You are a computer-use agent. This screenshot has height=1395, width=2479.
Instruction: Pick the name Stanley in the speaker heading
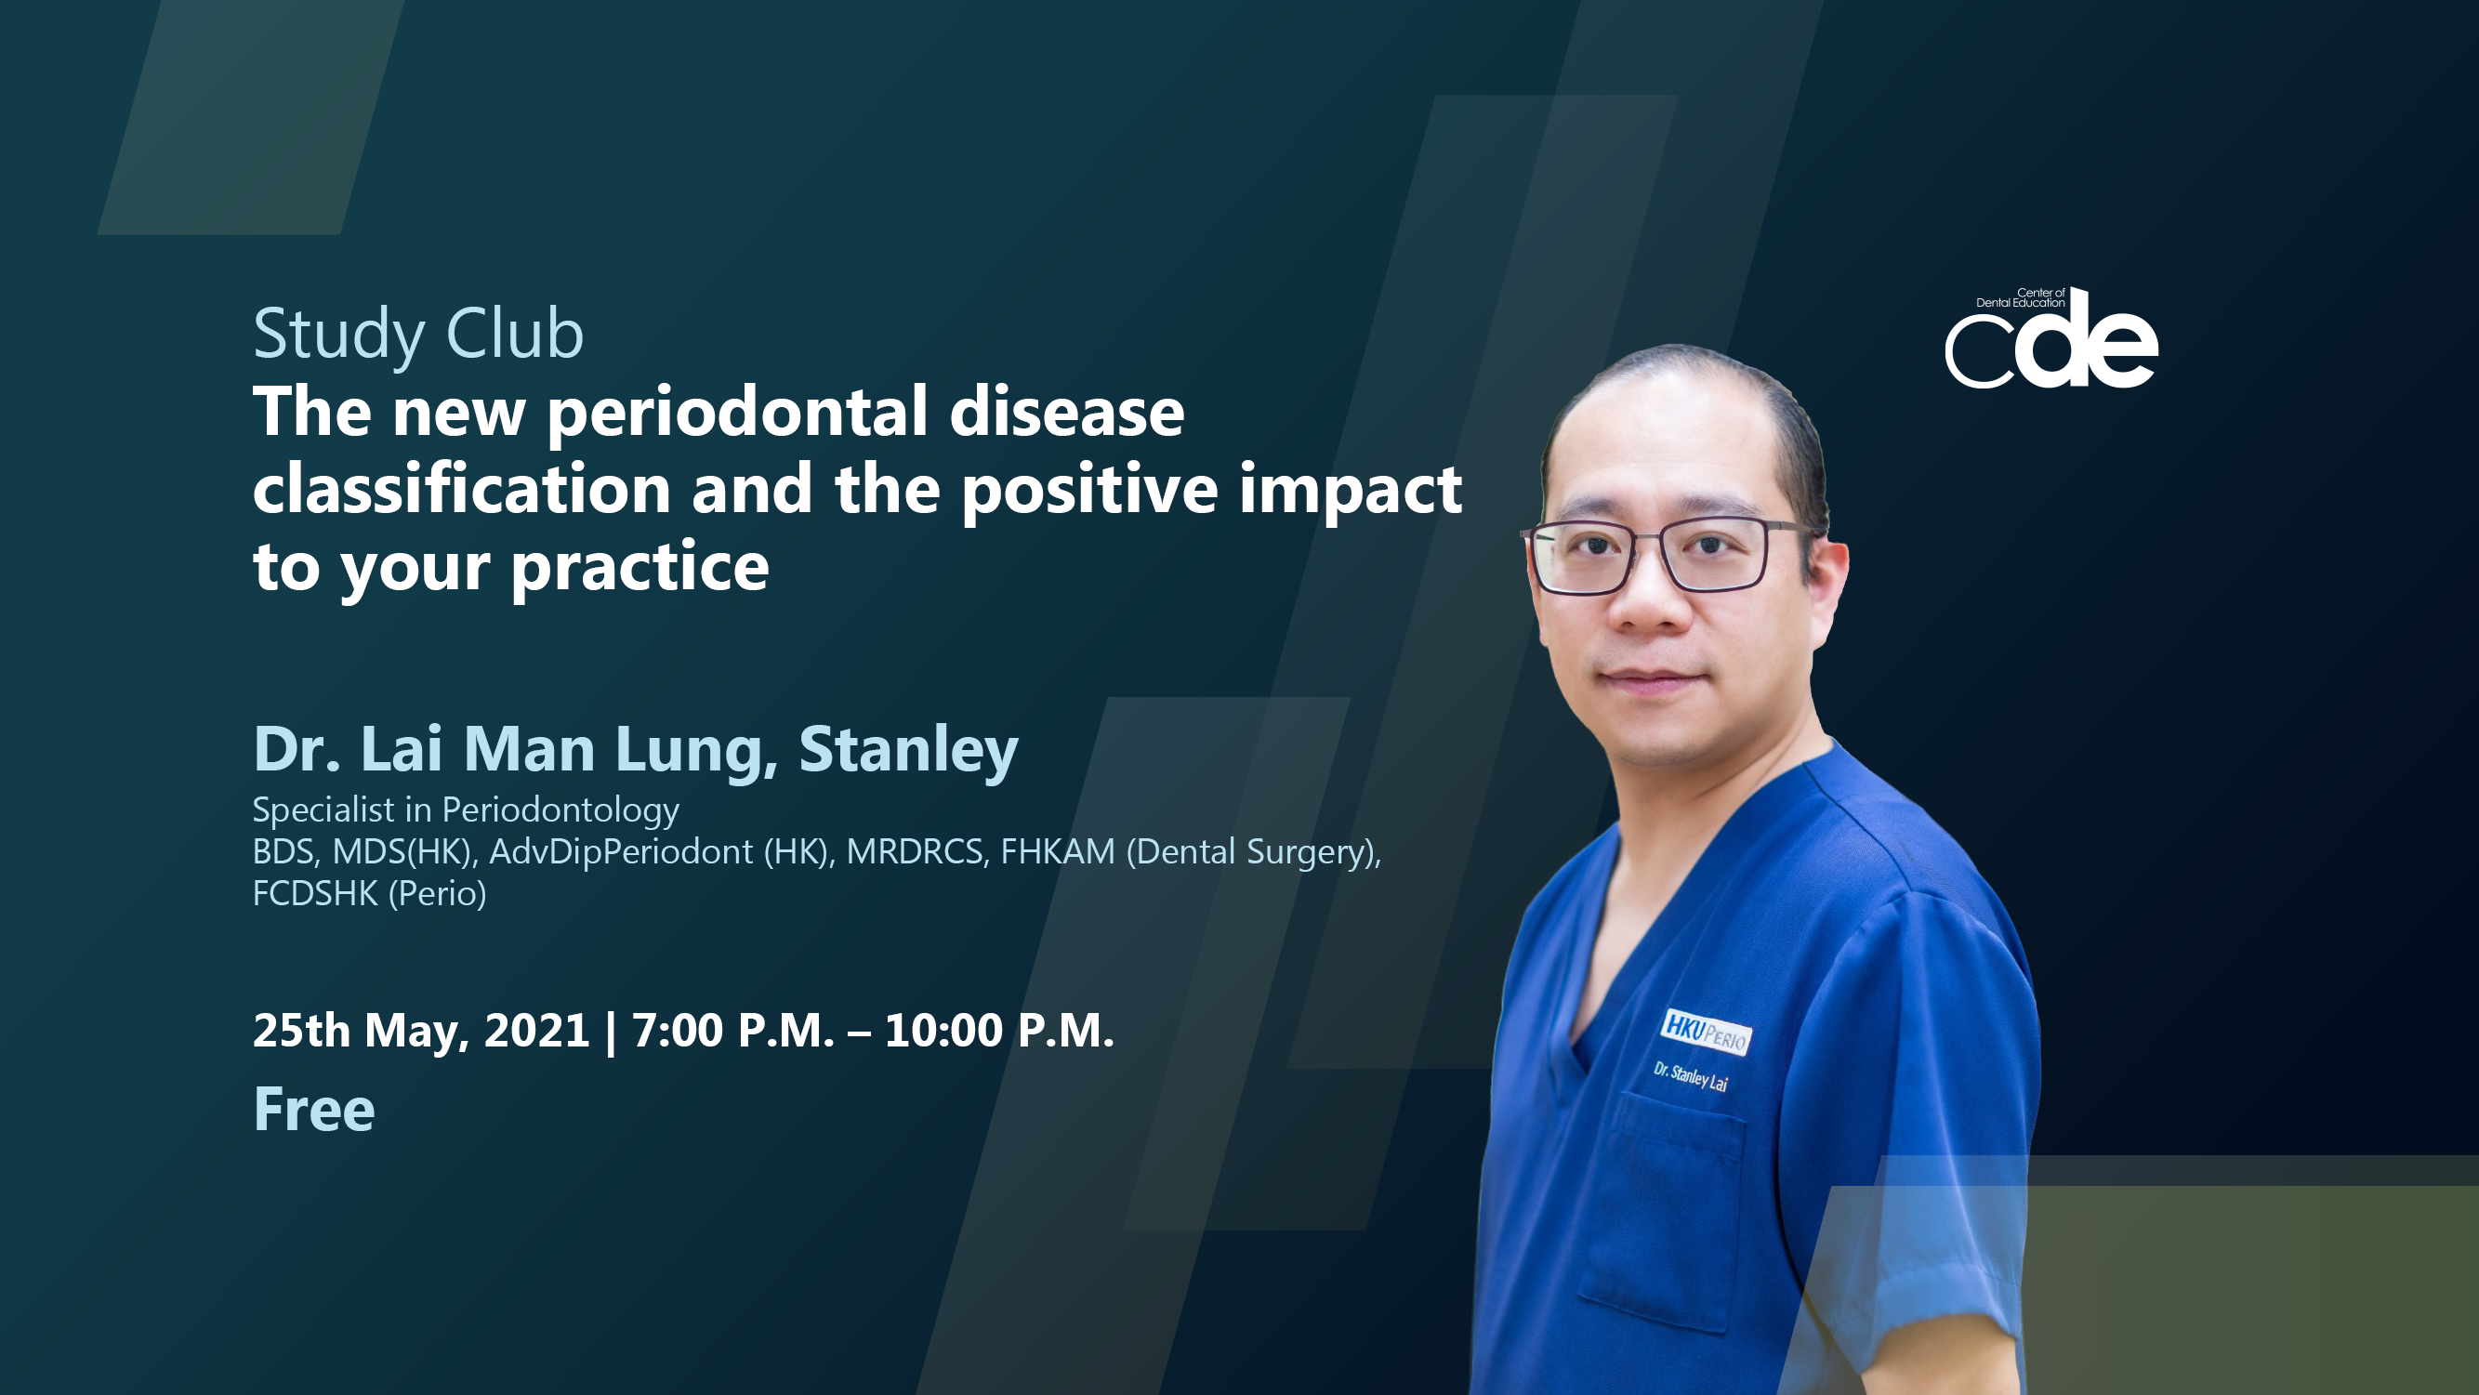908,751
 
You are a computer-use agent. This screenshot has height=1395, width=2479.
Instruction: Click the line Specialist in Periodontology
466,811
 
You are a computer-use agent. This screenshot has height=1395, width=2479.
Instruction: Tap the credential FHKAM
1058,852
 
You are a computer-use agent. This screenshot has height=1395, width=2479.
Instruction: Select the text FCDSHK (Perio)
370,895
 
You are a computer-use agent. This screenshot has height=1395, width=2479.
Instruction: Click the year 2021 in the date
536,1032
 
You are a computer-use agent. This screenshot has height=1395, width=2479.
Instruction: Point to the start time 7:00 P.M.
732,1032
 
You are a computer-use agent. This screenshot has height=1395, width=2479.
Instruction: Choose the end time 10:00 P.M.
999,1032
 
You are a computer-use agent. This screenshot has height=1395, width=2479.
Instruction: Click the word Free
314,1111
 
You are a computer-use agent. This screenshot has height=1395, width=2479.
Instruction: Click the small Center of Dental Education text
2021,298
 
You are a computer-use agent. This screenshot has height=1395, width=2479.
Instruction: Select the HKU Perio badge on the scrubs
1706,1032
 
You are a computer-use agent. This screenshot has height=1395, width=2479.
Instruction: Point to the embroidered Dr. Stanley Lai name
1691,1077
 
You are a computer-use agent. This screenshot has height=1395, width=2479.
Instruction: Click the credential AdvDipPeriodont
621,852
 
